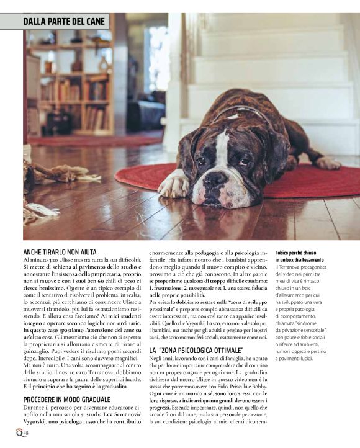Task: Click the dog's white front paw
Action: [174, 185]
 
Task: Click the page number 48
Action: [27, 432]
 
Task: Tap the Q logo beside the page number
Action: [19, 432]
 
